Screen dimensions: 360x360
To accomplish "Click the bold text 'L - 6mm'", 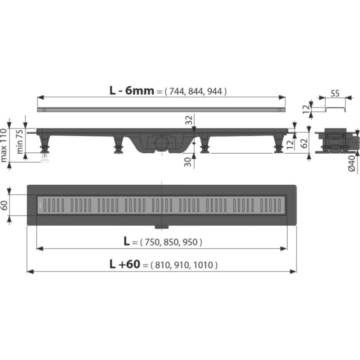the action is (x=131, y=90).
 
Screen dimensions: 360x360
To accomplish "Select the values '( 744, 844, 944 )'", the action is (x=195, y=91).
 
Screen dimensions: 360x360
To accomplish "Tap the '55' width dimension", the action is (x=335, y=93).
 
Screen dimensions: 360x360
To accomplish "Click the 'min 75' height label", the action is (x=19, y=141).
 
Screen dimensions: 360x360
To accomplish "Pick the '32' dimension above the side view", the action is (x=188, y=120).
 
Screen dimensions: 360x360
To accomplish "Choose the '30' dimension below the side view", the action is (x=188, y=162).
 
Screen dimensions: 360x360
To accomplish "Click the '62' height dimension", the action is (x=304, y=143).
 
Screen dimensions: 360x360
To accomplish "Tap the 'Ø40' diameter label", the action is (x=351, y=163).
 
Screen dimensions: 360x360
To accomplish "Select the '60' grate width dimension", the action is (x=4, y=205).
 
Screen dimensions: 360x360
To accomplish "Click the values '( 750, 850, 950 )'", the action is (x=171, y=242).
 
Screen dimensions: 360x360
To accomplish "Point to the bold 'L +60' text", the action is (x=124, y=264).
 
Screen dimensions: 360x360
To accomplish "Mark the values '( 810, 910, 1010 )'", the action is (x=184, y=265).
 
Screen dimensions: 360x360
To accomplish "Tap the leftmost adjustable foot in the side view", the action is (x=45, y=144).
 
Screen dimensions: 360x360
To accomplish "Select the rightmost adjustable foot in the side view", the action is (x=278, y=143).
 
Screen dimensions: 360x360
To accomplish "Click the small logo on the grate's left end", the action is (x=40, y=205).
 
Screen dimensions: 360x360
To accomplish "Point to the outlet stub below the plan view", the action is (x=161, y=227).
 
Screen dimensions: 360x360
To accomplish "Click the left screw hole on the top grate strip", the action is (x=44, y=110).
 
